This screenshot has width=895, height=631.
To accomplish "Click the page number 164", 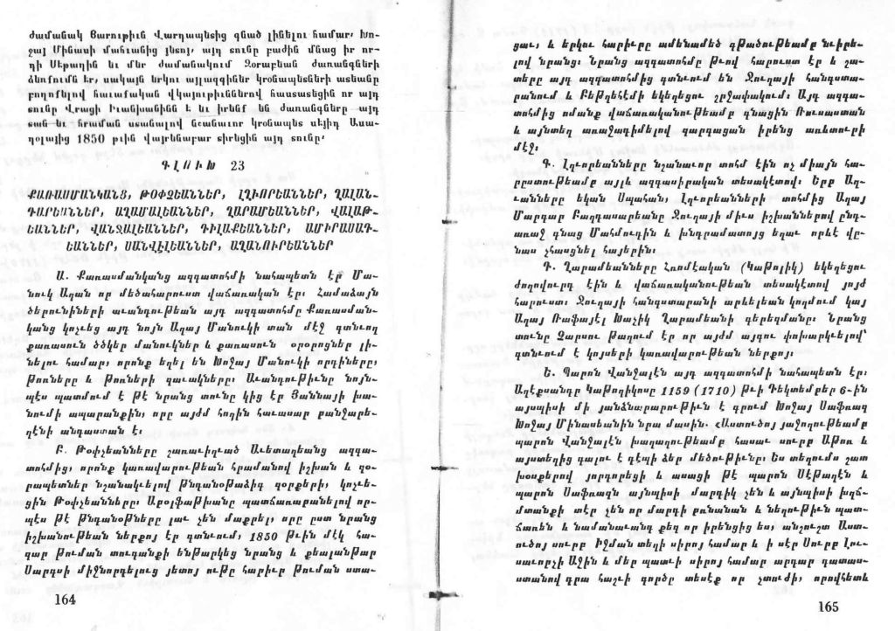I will pyautogui.click(x=65, y=599).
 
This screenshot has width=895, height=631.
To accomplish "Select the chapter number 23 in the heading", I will pyautogui.click(x=238, y=166).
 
